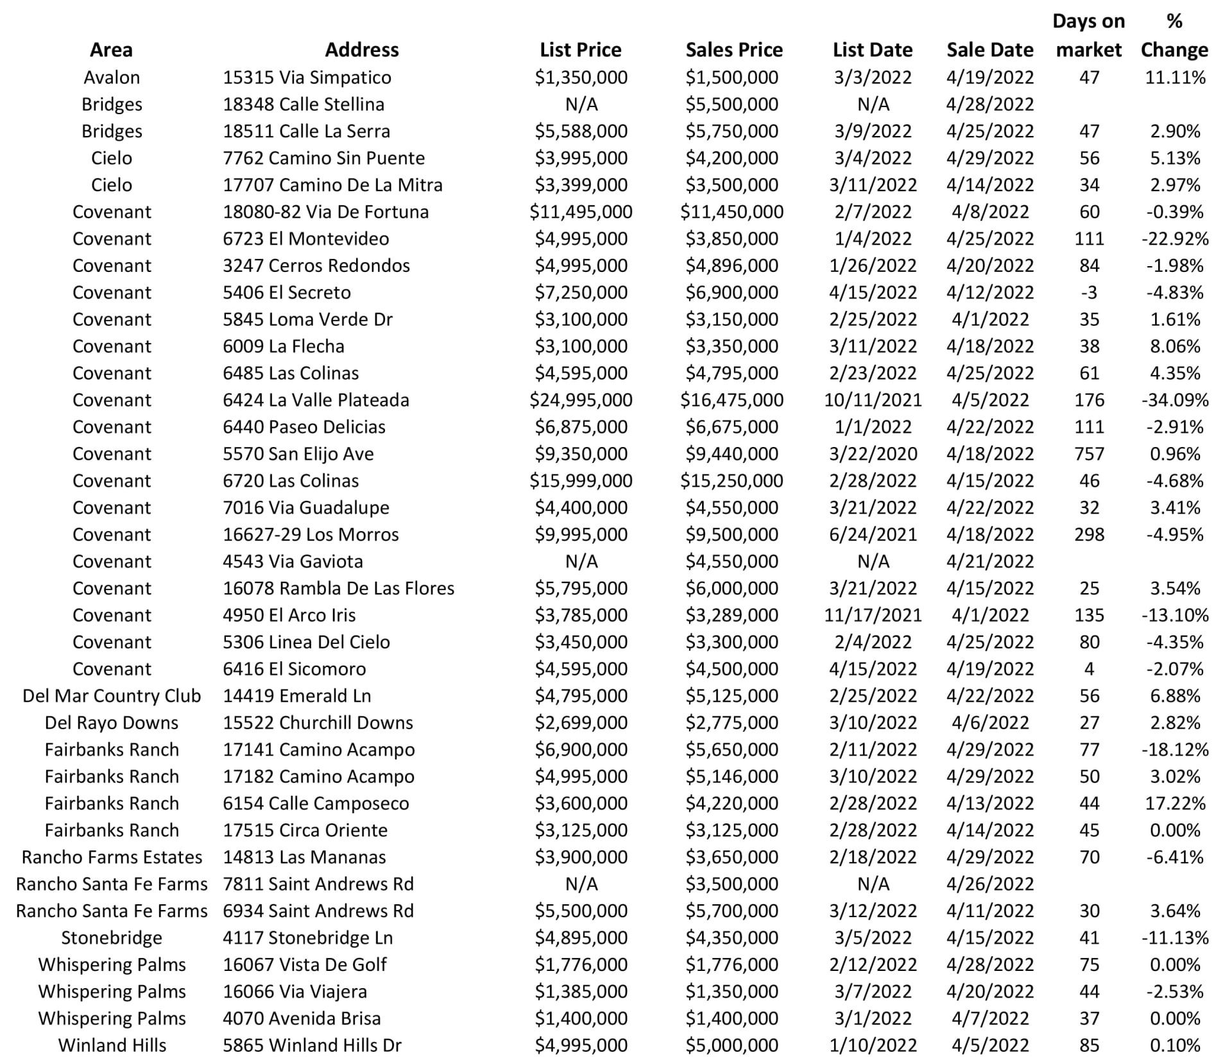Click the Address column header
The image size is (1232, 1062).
(x=361, y=49)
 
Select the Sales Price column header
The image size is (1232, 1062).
(x=733, y=49)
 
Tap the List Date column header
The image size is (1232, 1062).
(x=872, y=49)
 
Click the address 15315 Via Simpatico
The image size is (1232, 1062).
(x=307, y=77)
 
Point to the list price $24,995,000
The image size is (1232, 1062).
(x=580, y=400)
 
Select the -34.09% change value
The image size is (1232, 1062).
(x=1174, y=400)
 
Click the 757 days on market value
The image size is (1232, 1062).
(x=1089, y=453)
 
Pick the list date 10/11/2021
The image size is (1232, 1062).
(x=872, y=400)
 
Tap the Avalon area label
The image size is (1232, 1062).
(x=112, y=77)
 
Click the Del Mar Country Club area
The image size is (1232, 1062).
(x=112, y=695)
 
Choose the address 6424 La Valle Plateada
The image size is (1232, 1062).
(x=316, y=400)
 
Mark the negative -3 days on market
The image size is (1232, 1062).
(x=1089, y=292)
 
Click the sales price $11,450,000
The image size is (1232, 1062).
(x=732, y=212)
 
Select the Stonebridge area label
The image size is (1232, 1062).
(x=112, y=938)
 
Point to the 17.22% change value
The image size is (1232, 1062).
(x=1174, y=803)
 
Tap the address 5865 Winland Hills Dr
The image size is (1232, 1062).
(x=312, y=1045)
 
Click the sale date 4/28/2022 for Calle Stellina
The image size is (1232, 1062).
(x=989, y=104)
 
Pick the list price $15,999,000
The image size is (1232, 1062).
(x=580, y=480)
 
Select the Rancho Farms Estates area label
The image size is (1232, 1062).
(x=112, y=857)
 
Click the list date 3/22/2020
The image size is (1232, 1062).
(x=872, y=453)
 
